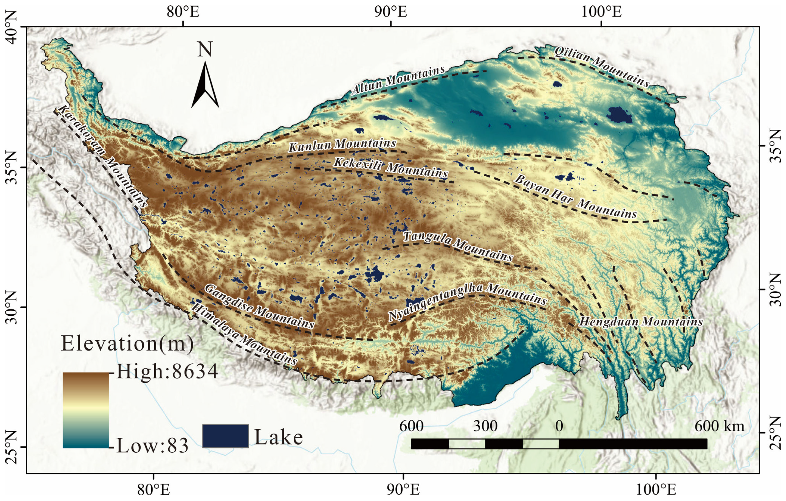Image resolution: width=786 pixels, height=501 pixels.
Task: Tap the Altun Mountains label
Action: coord(398,80)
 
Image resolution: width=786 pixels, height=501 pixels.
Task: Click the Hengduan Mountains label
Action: coord(641,322)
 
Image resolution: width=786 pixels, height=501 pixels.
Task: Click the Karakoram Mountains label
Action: coord(102,156)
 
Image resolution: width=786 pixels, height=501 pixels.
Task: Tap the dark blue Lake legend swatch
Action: coord(225,436)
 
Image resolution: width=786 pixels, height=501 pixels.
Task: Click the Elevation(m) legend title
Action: coord(127,344)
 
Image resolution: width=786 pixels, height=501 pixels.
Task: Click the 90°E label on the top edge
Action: coord(391,12)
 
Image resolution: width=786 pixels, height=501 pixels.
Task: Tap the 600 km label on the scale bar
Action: coord(719,426)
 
